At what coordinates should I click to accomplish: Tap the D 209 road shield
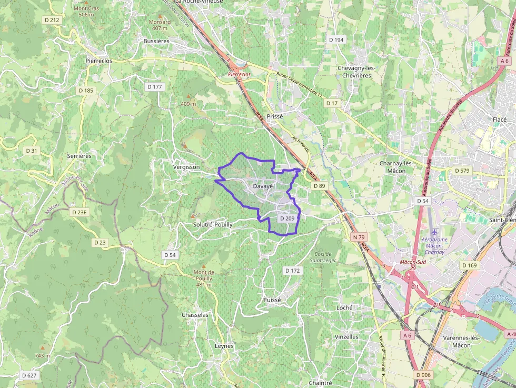[287, 218]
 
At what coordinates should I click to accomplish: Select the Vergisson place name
[186, 167]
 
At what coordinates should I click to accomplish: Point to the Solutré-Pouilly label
[212, 224]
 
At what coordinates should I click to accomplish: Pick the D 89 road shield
[319, 186]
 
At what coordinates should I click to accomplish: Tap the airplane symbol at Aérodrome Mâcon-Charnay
[434, 232]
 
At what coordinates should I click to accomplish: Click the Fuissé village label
[272, 300]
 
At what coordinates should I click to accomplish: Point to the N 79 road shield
[359, 237]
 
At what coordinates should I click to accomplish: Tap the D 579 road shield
[461, 171]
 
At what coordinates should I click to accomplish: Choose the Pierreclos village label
[98, 61]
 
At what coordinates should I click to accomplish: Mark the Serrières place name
[80, 156]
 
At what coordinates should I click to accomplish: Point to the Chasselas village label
[195, 315]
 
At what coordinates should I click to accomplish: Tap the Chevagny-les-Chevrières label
[354, 72]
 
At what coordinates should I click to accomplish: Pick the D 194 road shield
[336, 40]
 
